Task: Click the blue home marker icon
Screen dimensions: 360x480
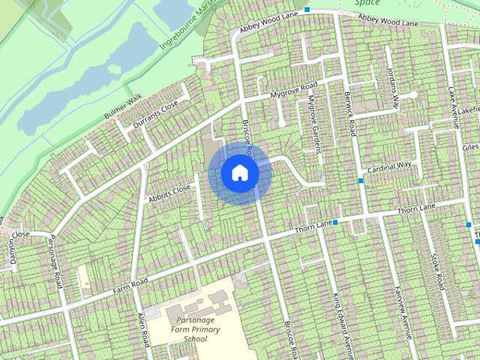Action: (x=240, y=173)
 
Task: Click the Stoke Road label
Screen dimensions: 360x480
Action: (x=437, y=271)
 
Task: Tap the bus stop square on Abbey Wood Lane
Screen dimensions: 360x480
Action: (x=307, y=10)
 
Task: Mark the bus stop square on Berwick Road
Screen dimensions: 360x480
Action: (x=361, y=180)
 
